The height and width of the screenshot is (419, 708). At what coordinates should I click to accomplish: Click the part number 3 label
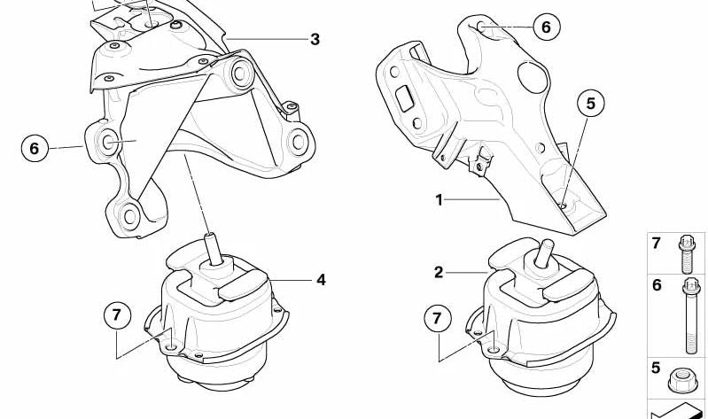[315, 39]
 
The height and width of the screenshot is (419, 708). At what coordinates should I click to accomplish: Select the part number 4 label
[321, 280]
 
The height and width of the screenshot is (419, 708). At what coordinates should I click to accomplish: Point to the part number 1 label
[439, 199]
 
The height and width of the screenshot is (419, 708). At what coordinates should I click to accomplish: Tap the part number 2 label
[439, 272]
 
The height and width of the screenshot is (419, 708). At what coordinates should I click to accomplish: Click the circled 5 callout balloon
[591, 104]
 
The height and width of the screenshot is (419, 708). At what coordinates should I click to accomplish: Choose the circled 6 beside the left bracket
[35, 149]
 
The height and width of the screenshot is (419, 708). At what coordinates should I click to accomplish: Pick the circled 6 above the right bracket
[547, 27]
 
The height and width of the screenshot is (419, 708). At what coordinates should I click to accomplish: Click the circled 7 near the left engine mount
[117, 314]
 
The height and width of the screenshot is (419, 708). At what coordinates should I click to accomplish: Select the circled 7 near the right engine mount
[437, 319]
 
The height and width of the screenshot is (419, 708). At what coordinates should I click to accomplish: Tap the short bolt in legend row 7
[687, 254]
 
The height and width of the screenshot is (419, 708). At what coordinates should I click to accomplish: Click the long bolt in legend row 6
[691, 315]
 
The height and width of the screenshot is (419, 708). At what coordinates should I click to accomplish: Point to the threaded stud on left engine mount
[214, 248]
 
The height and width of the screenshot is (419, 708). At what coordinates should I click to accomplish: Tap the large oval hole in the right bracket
[532, 77]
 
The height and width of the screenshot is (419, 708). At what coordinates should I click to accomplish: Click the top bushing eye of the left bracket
[241, 74]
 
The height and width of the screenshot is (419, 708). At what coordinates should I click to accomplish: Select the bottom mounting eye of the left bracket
[129, 216]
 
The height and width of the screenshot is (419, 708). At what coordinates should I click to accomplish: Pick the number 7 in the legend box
[656, 244]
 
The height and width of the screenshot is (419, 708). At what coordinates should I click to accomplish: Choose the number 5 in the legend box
[656, 368]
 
